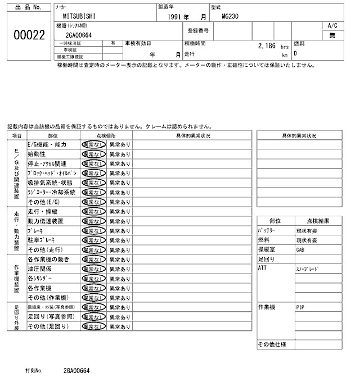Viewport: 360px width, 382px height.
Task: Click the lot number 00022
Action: (x=28, y=35)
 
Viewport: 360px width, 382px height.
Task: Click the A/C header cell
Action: (x=332, y=26)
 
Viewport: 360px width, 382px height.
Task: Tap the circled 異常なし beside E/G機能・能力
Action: (x=93, y=144)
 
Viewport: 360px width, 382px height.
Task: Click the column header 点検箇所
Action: (x=106, y=135)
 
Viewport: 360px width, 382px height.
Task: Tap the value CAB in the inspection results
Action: (x=300, y=250)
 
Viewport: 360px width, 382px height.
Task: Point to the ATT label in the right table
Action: (x=262, y=269)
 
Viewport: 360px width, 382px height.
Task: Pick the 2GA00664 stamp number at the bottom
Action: (x=76, y=371)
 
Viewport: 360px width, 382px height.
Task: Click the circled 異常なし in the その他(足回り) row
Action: (x=93, y=326)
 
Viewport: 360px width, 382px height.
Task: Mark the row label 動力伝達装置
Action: (x=46, y=221)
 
